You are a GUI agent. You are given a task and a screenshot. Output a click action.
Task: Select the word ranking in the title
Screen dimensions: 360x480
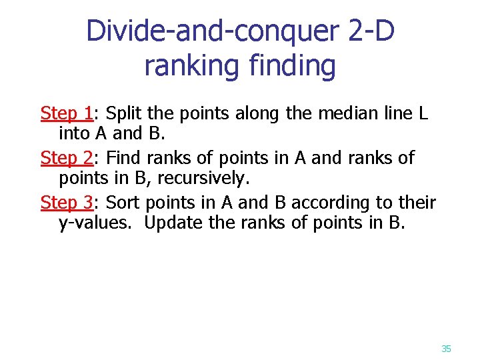click(x=188, y=66)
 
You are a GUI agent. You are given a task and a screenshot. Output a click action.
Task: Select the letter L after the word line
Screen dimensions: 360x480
click(x=423, y=113)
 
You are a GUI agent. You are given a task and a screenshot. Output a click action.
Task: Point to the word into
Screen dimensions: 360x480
click(x=75, y=133)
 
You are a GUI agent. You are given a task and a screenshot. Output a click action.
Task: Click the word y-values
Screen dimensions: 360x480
click(x=97, y=223)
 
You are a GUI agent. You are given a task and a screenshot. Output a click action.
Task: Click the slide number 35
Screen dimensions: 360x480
click(x=446, y=349)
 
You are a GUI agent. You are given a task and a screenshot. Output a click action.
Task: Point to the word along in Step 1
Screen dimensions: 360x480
click(x=260, y=113)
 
